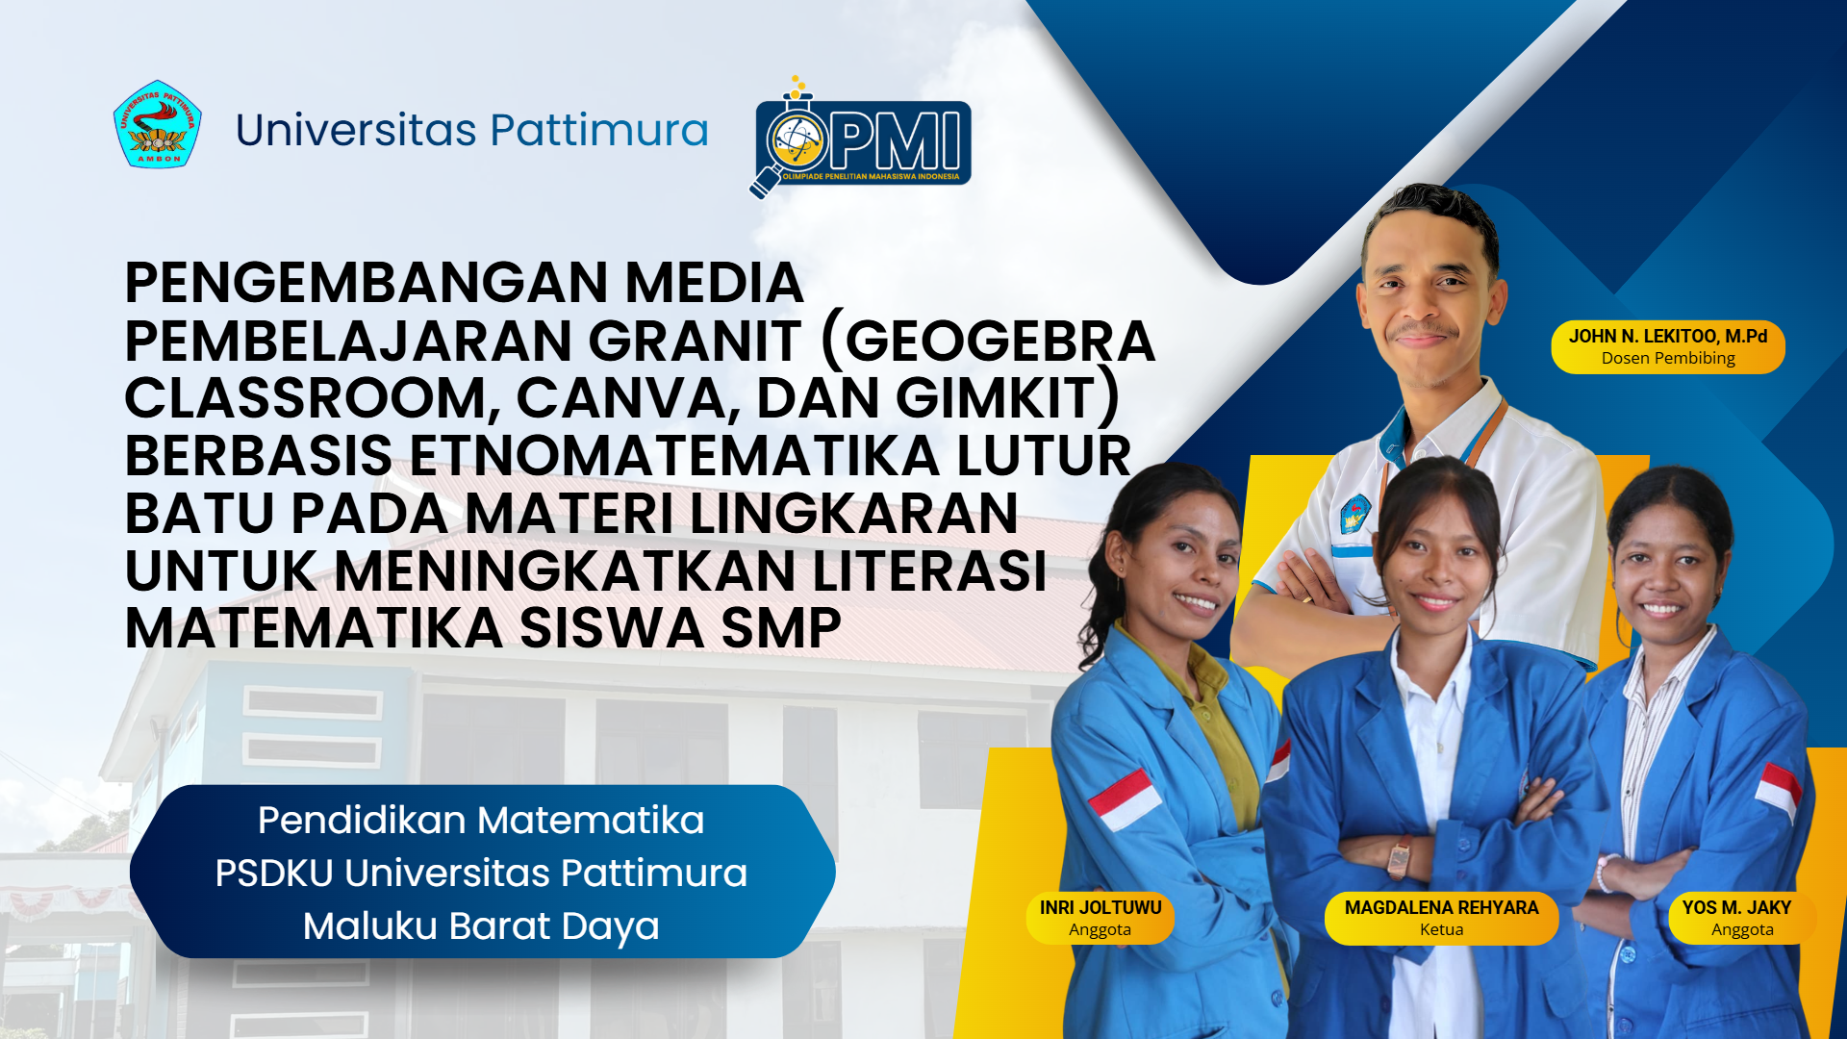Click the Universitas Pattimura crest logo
click(x=157, y=124)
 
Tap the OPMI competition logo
click(x=860, y=138)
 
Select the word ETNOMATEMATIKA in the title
click(x=674, y=455)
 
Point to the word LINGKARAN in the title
click(x=853, y=513)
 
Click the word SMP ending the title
click(x=781, y=628)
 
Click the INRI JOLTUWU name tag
click(x=1101, y=918)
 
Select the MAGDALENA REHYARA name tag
click(x=1441, y=918)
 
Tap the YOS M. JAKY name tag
click(x=1742, y=918)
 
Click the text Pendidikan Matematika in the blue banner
click(x=481, y=821)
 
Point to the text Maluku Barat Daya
click(x=481, y=926)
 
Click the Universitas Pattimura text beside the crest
click(x=472, y=130)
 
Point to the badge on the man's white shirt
click(x=1355, y=515)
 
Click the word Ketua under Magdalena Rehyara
click(x=1441, y=929)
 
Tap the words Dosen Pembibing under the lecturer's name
click(x=1668, y=358)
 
